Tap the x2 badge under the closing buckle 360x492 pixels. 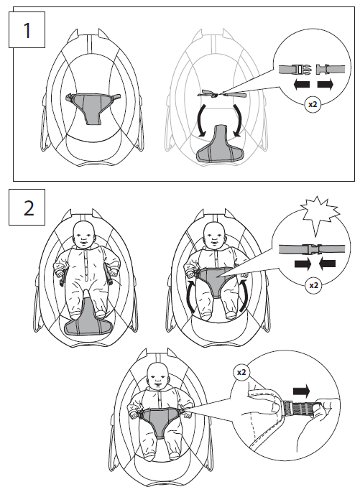[313, 285]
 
